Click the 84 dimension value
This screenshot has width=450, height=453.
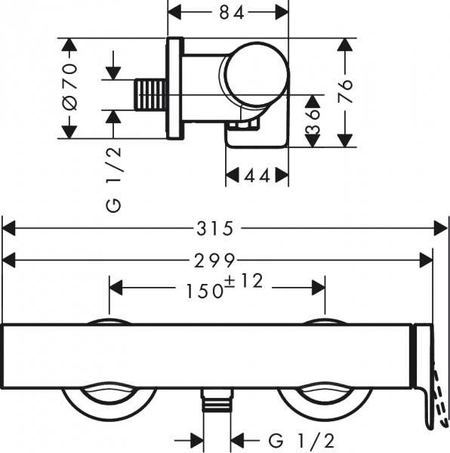click(x=227, y=13)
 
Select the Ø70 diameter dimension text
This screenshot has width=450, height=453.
click(x=70, y=89)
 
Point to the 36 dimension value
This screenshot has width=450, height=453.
click(x=311, y=119)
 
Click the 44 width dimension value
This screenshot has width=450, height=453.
click(x=257, y=176)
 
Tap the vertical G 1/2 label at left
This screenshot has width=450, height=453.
click(x=115, y=180)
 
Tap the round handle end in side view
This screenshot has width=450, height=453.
click(x=254, y=74)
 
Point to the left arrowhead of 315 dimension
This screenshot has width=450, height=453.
click(x=8, y=226)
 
